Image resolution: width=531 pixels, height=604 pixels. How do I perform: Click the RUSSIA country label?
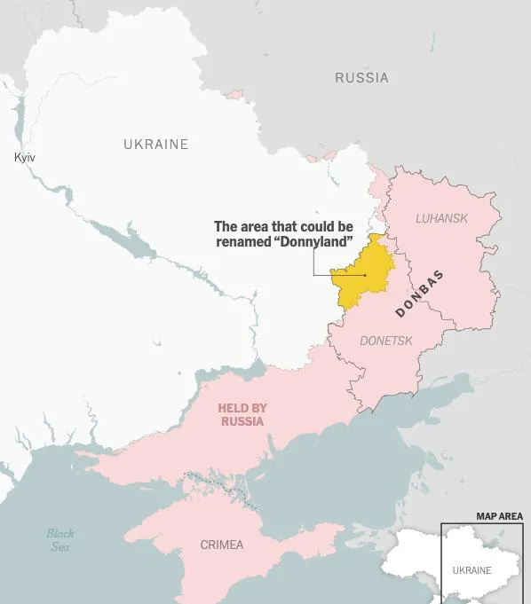[361, 78]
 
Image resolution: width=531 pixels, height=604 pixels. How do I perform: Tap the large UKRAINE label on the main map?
[155, 144]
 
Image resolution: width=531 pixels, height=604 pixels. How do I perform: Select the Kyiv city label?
[25, 157]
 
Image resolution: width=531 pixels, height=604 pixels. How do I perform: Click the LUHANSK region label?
[441, 218]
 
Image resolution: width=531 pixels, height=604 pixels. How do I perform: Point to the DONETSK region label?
[386, 341]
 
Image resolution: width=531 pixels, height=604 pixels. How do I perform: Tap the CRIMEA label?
[221, 545]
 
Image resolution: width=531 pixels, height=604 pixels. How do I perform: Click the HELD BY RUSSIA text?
[242, 415]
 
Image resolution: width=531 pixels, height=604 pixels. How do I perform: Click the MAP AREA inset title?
[499, 516]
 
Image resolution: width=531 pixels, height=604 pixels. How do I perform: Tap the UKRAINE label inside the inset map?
[472, 570]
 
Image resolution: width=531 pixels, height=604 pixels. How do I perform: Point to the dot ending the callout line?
[365, 275]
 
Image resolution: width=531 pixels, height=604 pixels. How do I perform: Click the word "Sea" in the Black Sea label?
[60, 547]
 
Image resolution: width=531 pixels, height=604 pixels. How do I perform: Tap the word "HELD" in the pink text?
[231, 408]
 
